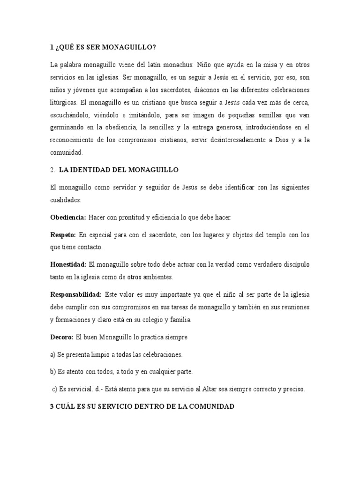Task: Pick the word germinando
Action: coord(67,127)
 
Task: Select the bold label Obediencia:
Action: coord(67,217)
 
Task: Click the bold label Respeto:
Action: coord(63,234)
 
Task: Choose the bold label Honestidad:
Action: coord(68,264)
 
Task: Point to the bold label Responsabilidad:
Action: coord(76,294)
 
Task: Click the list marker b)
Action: coord(53,371)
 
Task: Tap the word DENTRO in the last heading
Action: coord(142,407)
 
